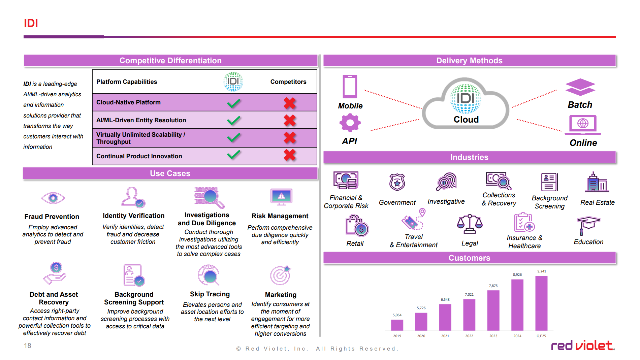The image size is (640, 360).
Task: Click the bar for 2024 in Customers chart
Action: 517,305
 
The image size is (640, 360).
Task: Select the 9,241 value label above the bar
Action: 542,271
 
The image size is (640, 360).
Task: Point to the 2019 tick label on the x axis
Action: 397,336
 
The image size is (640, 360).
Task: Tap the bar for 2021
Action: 445,317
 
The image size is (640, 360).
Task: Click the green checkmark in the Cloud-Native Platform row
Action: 234,103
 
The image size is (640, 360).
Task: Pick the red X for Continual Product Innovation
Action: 290,155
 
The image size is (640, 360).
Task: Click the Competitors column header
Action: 288,82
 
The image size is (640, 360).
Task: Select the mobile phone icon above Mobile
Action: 350,87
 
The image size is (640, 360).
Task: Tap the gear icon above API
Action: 350,123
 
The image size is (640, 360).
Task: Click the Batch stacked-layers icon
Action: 580,87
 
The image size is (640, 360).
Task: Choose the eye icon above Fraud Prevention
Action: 53,198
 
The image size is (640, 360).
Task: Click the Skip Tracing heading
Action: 210,294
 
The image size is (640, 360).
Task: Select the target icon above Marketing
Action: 280,275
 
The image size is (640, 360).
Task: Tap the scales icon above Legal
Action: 470,224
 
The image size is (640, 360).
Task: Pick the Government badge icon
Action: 397,182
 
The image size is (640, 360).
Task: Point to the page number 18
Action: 28,346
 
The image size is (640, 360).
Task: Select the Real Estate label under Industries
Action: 597,202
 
